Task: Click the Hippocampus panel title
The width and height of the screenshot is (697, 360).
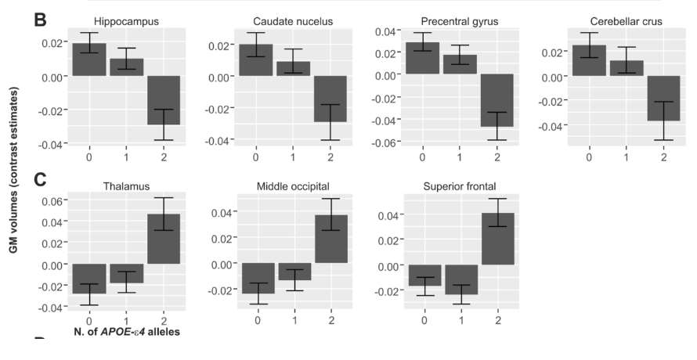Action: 126,20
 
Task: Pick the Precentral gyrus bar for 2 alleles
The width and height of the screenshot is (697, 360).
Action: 497,100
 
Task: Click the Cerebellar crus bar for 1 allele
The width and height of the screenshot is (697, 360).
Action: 627,68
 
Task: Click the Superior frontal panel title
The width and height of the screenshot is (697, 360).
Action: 460,185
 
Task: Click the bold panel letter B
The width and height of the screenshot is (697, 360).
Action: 42,20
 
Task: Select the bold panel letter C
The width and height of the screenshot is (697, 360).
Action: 42,179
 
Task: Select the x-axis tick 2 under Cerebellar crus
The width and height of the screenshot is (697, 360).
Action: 664,157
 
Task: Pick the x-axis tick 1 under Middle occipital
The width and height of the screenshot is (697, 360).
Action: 294,322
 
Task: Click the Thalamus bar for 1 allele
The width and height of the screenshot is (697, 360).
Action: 126,274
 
